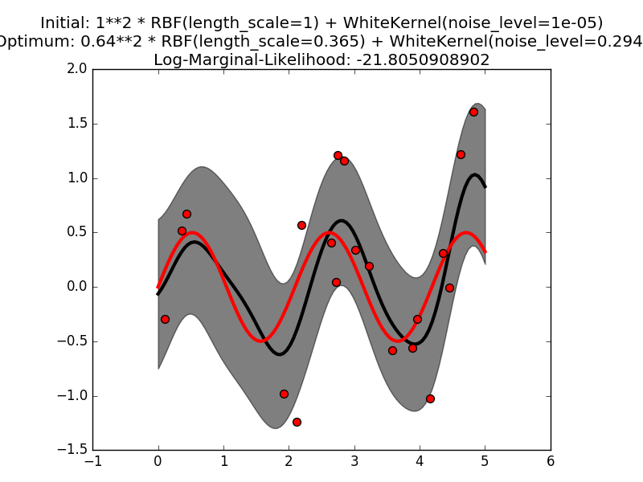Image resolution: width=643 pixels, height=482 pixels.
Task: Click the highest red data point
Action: (x=473, y=112)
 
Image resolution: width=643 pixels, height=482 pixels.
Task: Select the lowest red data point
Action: (x=297, y=422)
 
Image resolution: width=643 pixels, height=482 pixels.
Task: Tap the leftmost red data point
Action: (x=165, y=319)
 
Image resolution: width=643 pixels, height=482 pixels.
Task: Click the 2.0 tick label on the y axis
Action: (x=76, y=69)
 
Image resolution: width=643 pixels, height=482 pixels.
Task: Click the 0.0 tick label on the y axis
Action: (x=76, y=287)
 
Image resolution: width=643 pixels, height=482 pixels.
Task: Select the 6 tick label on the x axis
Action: (x=551, y=461)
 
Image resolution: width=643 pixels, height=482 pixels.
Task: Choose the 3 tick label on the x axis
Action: (x=354, y=461)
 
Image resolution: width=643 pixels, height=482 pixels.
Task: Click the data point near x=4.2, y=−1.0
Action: (x=430, y=398)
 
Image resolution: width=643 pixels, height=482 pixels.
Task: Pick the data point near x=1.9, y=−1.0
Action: (x=284, y=394)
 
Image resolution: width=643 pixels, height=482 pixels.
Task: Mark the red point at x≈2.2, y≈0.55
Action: (x=301, y=225)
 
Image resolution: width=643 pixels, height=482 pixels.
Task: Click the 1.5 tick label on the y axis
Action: (x=76, y=124)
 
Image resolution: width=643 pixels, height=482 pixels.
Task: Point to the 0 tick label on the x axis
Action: (x=158, y=461)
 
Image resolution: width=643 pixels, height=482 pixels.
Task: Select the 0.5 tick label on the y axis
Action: (x=76, y=232)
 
